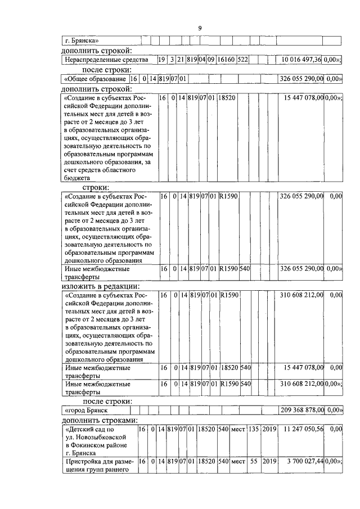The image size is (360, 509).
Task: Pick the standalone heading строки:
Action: pyautogui.click(x=96, y=187)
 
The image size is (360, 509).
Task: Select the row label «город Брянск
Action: pyautogui.click(x=85, y=410)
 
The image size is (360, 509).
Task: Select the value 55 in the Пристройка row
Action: pyautogui.click(x=254, y=461)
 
